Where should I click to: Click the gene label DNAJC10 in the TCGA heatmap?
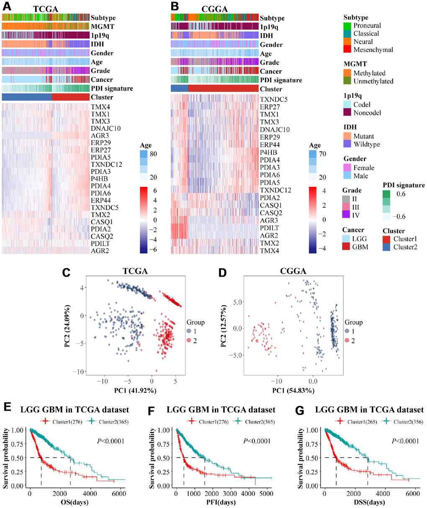(105, 128)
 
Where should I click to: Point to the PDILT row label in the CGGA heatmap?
(269, 228)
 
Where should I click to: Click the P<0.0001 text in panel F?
(257, 441)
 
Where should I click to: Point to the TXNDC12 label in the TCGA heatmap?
(106, 164)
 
